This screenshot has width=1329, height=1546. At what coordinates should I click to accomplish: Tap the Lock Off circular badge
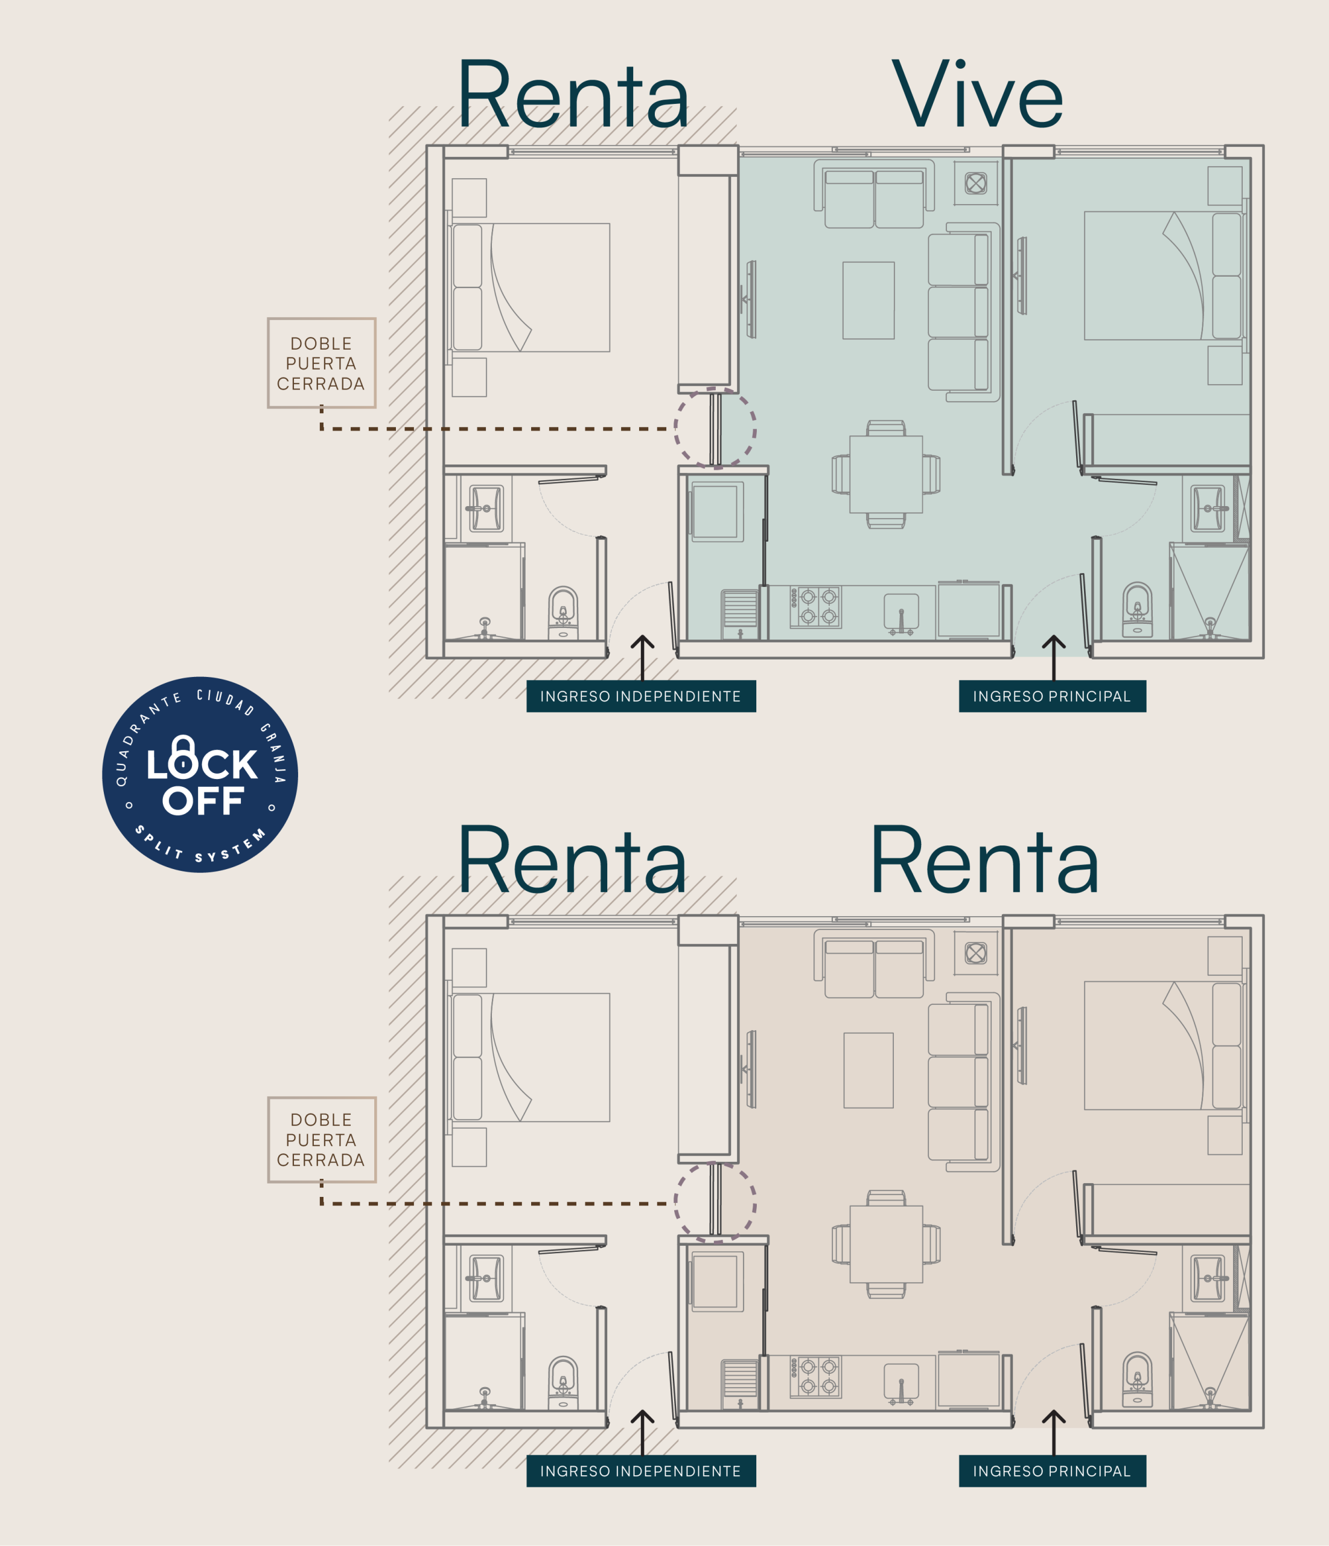[x=200, y=774]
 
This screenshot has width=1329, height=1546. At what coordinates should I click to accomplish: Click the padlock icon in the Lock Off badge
[x=183, y=754]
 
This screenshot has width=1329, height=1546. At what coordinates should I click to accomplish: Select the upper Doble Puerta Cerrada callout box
[x=322, y=364]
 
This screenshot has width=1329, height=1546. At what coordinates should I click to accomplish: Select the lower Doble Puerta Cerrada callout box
[x=322, y=1140]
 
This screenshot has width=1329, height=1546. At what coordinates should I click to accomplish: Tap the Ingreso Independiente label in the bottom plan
[x=640, y=1471]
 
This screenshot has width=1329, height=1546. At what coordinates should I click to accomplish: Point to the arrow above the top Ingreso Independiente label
[x=642, y=657]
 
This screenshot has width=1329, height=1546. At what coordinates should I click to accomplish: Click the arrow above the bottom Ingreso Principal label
[x=1053, y=1432]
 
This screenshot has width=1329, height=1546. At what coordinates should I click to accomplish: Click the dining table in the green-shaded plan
[x=886, y=475]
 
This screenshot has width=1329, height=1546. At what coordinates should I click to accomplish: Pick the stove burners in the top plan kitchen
[x=816, y=606]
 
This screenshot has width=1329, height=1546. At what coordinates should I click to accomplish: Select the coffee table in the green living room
[x=868, y=300]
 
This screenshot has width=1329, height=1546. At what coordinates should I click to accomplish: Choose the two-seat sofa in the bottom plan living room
[x=874, y=963]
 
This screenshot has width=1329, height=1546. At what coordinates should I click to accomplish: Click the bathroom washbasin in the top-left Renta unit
[x=486, y=508]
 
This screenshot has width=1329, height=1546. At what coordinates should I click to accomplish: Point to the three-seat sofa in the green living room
[x=964, y=312]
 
